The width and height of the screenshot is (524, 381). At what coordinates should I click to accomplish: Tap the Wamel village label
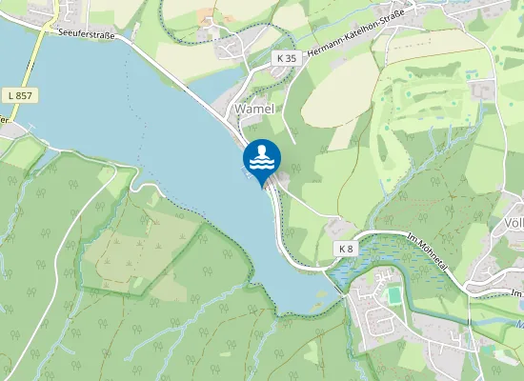(x=253, y=110)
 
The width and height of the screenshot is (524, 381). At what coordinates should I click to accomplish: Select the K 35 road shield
(x=285, y=58)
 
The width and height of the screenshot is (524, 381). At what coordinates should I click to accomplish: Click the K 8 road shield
(x=345, y=248)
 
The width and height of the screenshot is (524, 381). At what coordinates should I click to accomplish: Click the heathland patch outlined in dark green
(x=143, y=248)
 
